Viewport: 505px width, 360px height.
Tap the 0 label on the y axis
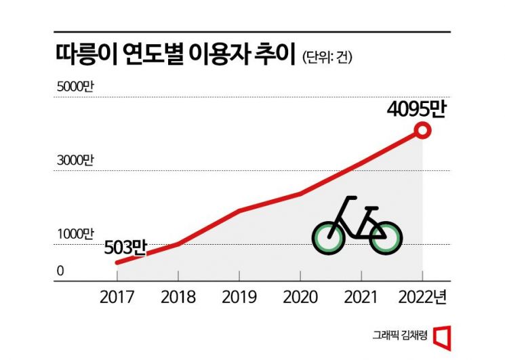60,271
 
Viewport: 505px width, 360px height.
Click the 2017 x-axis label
117,297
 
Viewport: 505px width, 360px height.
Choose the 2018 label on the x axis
178,297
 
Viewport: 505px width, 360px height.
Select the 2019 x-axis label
239,297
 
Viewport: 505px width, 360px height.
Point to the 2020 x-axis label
300,297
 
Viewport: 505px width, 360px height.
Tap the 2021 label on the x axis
361,297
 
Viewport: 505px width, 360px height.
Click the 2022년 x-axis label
426,297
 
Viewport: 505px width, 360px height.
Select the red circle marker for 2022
422,131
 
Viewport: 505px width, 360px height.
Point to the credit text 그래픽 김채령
401,334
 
